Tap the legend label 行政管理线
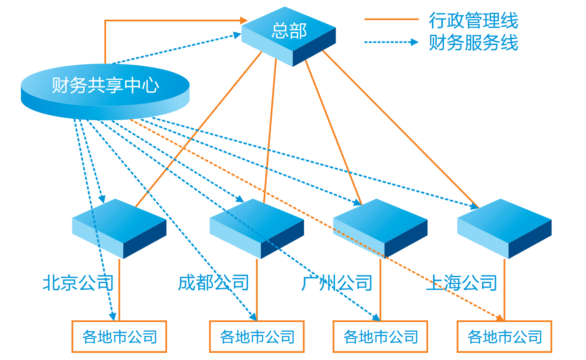pyautogui.click(x=474, y=21)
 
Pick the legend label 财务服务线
pyautogui.click(x=474, y=43)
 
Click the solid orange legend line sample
pyautogui.click(x=391, y=20)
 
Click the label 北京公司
pyautogui.click(x=78, y=283)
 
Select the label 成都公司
pyautogui.click(x=214, y=283)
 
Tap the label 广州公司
pyautogui.click(x=337, y=283)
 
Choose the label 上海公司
pyautogui.click(x=461, y=283)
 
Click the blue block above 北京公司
pyautogui.click(x=119, y=225)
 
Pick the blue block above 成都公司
pyautogui.click(x=257, y=225)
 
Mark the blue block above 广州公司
pyautogui.click(x=380, y=225)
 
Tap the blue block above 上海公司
pyautogui.click(x=504, y=225)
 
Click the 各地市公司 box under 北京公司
pyautogui.click(x=119, y=337)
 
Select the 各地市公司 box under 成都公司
pyautogui.click(x=257, y=337)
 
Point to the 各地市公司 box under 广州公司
pyautogui.click(x=380, y=337)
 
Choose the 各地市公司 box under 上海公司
pyautogui.click(x=504, y=337)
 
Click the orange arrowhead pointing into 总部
pyautogui.click(x=244, y=20)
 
